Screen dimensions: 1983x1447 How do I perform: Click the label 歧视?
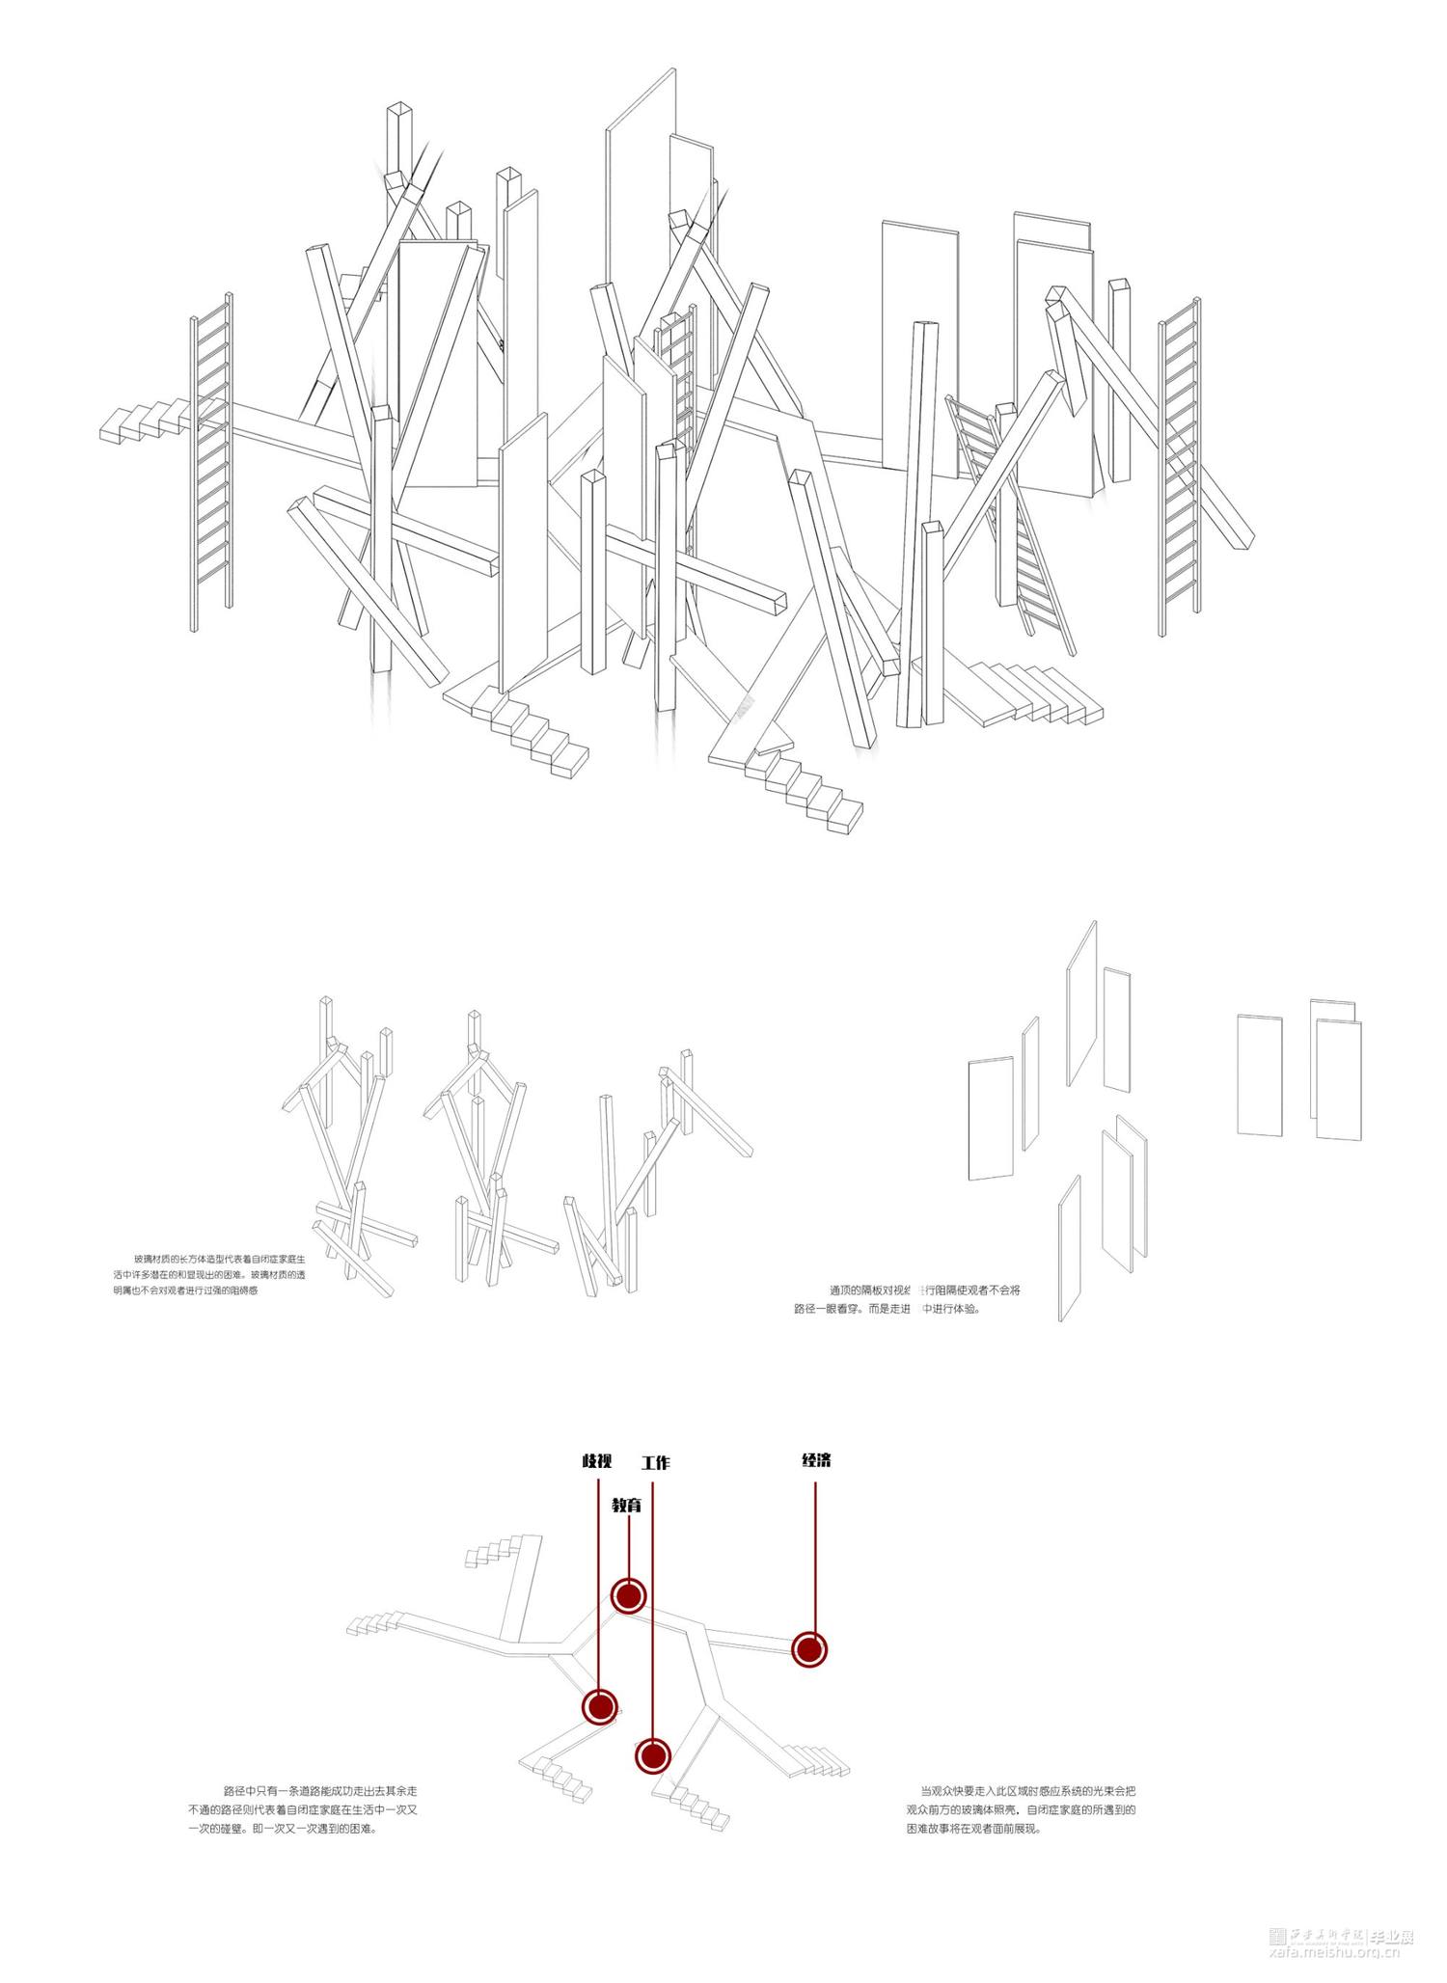[597, 1461]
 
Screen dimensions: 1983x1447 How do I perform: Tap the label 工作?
[655, 1463]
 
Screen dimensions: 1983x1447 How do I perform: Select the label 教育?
[627, 1505]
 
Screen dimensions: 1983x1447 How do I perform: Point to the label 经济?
[816, 1460]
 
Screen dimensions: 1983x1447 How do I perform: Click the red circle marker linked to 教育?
[628, 1595]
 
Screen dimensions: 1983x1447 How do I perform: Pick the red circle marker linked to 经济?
[809, 1649]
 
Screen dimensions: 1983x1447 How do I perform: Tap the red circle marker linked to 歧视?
[599, 1706]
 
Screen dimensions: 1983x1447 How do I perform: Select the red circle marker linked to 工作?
[653, 1755]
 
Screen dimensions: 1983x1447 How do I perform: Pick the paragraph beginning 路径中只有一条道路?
[302, 1808]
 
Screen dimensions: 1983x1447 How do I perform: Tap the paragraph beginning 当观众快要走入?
[1021, 1808]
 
